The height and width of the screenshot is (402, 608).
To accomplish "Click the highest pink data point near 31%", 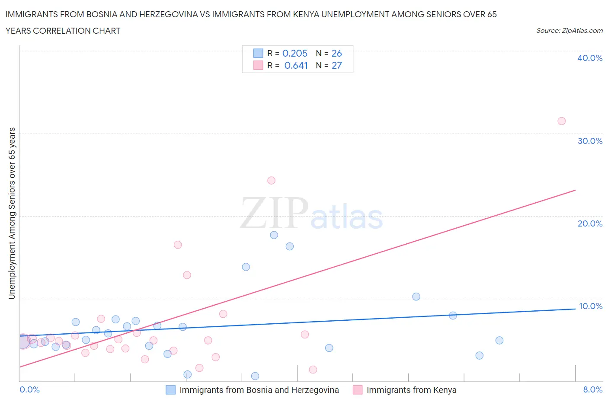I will pyautogui.click(x=561, y=121).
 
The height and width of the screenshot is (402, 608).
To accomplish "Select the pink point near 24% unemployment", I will pyautogui.click(x=271, y=180).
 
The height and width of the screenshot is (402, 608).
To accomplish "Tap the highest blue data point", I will pyautogui.click(x=274, y=235).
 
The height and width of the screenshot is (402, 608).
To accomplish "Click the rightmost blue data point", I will pyautogui.click(x=499, y=340).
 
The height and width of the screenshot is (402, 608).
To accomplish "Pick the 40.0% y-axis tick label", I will pyautogui.click(x=589, y=58).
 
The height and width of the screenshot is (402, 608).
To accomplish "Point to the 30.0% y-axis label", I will pyautogui.click(x=589, y=141).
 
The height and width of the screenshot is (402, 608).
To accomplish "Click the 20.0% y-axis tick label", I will pyautogui.click(x=589, y=223).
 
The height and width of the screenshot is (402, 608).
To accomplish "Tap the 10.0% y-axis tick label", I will pyautogui.click(x=590, y=306).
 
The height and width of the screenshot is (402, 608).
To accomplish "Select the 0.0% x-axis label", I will pyautogui.click(x=29, y=389).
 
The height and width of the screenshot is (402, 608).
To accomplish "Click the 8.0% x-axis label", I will pyautogui.click(x=592, y=389).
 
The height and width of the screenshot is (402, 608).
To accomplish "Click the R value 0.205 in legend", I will pyautogui.click(x=294, y=53).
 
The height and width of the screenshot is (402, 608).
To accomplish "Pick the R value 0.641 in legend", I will pyautogui.click(x=296, y=65).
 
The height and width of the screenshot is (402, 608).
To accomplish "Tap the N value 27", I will pyautogui.click(x=336, y=65).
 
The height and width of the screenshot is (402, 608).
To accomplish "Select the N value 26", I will pyautogui.click(x=336, y=53).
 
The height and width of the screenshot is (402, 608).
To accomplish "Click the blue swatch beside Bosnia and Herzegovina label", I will pyautogui.click(x=171, y=390).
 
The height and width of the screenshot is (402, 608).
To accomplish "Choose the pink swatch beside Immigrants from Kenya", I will pyautogui.click(x=358, y=390).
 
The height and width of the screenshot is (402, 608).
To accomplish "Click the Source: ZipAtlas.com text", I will pyautogui.click(x=569, y=30).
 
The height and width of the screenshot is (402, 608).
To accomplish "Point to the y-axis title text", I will pyautogui.click(x=12, y=213).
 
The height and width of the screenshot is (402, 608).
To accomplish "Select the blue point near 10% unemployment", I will pyautogui.click(x=416, y=297).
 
